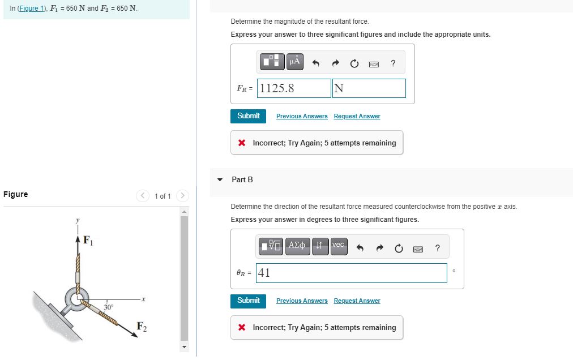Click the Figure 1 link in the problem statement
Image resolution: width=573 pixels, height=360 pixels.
[x=33, y=9]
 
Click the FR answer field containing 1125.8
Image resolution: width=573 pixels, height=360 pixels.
[x=294, y=88]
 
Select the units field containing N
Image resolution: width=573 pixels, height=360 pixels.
[x=369, y=88]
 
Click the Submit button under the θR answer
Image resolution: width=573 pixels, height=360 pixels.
[x=248, y=301]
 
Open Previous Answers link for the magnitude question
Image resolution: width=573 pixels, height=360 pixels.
[x=302, y=116]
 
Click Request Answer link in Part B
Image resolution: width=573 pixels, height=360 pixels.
[x=357, y=301]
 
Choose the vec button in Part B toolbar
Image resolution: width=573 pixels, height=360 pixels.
[x=337, y=246]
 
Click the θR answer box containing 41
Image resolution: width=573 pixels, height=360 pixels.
[x=351, y=273]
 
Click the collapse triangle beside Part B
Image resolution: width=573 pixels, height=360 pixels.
[x=220, y=179]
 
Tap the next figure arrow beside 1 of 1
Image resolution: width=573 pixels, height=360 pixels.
[x=182, y=196]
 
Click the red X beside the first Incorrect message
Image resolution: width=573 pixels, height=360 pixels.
[x=242, y=143]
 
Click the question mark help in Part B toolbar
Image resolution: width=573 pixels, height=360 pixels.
[x=437, y=248]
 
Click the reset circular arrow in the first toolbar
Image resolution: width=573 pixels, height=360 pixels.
[x=354, y=63]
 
